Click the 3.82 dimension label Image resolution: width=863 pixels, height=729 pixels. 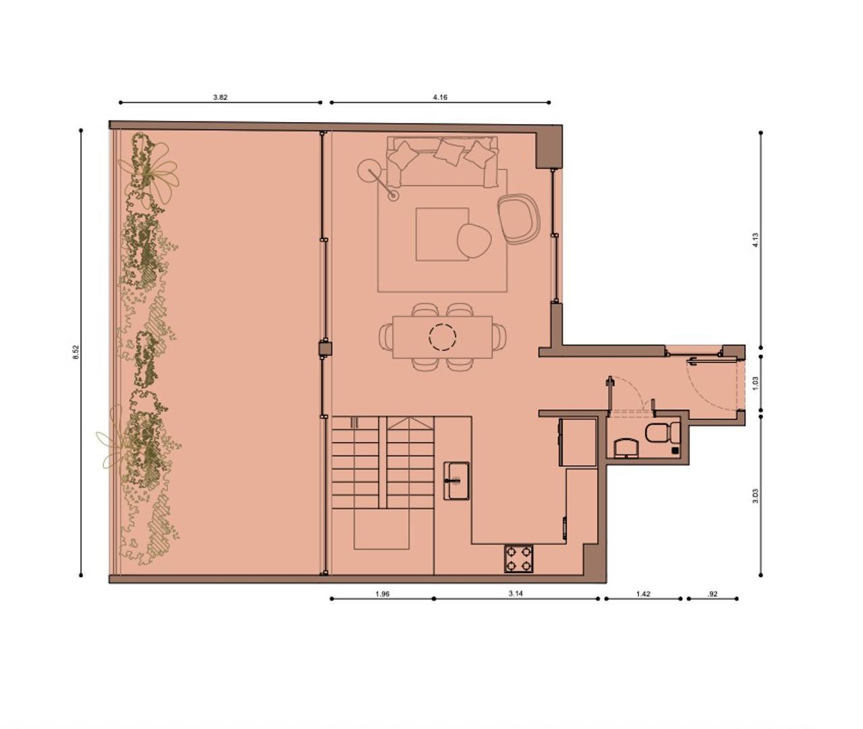point(220,97)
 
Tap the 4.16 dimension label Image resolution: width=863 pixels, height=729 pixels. point(440,97)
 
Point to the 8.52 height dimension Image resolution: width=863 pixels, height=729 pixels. point(76,352)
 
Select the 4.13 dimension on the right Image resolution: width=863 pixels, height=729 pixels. point(755,240)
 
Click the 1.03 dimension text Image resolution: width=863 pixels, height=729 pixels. point(755,383)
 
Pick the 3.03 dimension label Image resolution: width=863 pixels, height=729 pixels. point(755,496)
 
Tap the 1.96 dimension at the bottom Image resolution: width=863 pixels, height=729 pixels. point(382,594)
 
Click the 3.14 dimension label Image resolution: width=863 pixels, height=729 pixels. point(516,594)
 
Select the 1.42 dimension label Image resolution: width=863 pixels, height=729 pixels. point(643,594)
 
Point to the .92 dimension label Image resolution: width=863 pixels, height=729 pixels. point(713,594)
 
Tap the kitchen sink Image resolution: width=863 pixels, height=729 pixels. point(457,481)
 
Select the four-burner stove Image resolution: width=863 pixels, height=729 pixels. point(519,559)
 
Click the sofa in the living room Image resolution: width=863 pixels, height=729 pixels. point(442,161)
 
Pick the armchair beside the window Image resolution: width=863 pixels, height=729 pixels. point(517,218)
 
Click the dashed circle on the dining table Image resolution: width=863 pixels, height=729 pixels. point(443,337)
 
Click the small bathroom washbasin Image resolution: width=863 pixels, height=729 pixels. point(625,448)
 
